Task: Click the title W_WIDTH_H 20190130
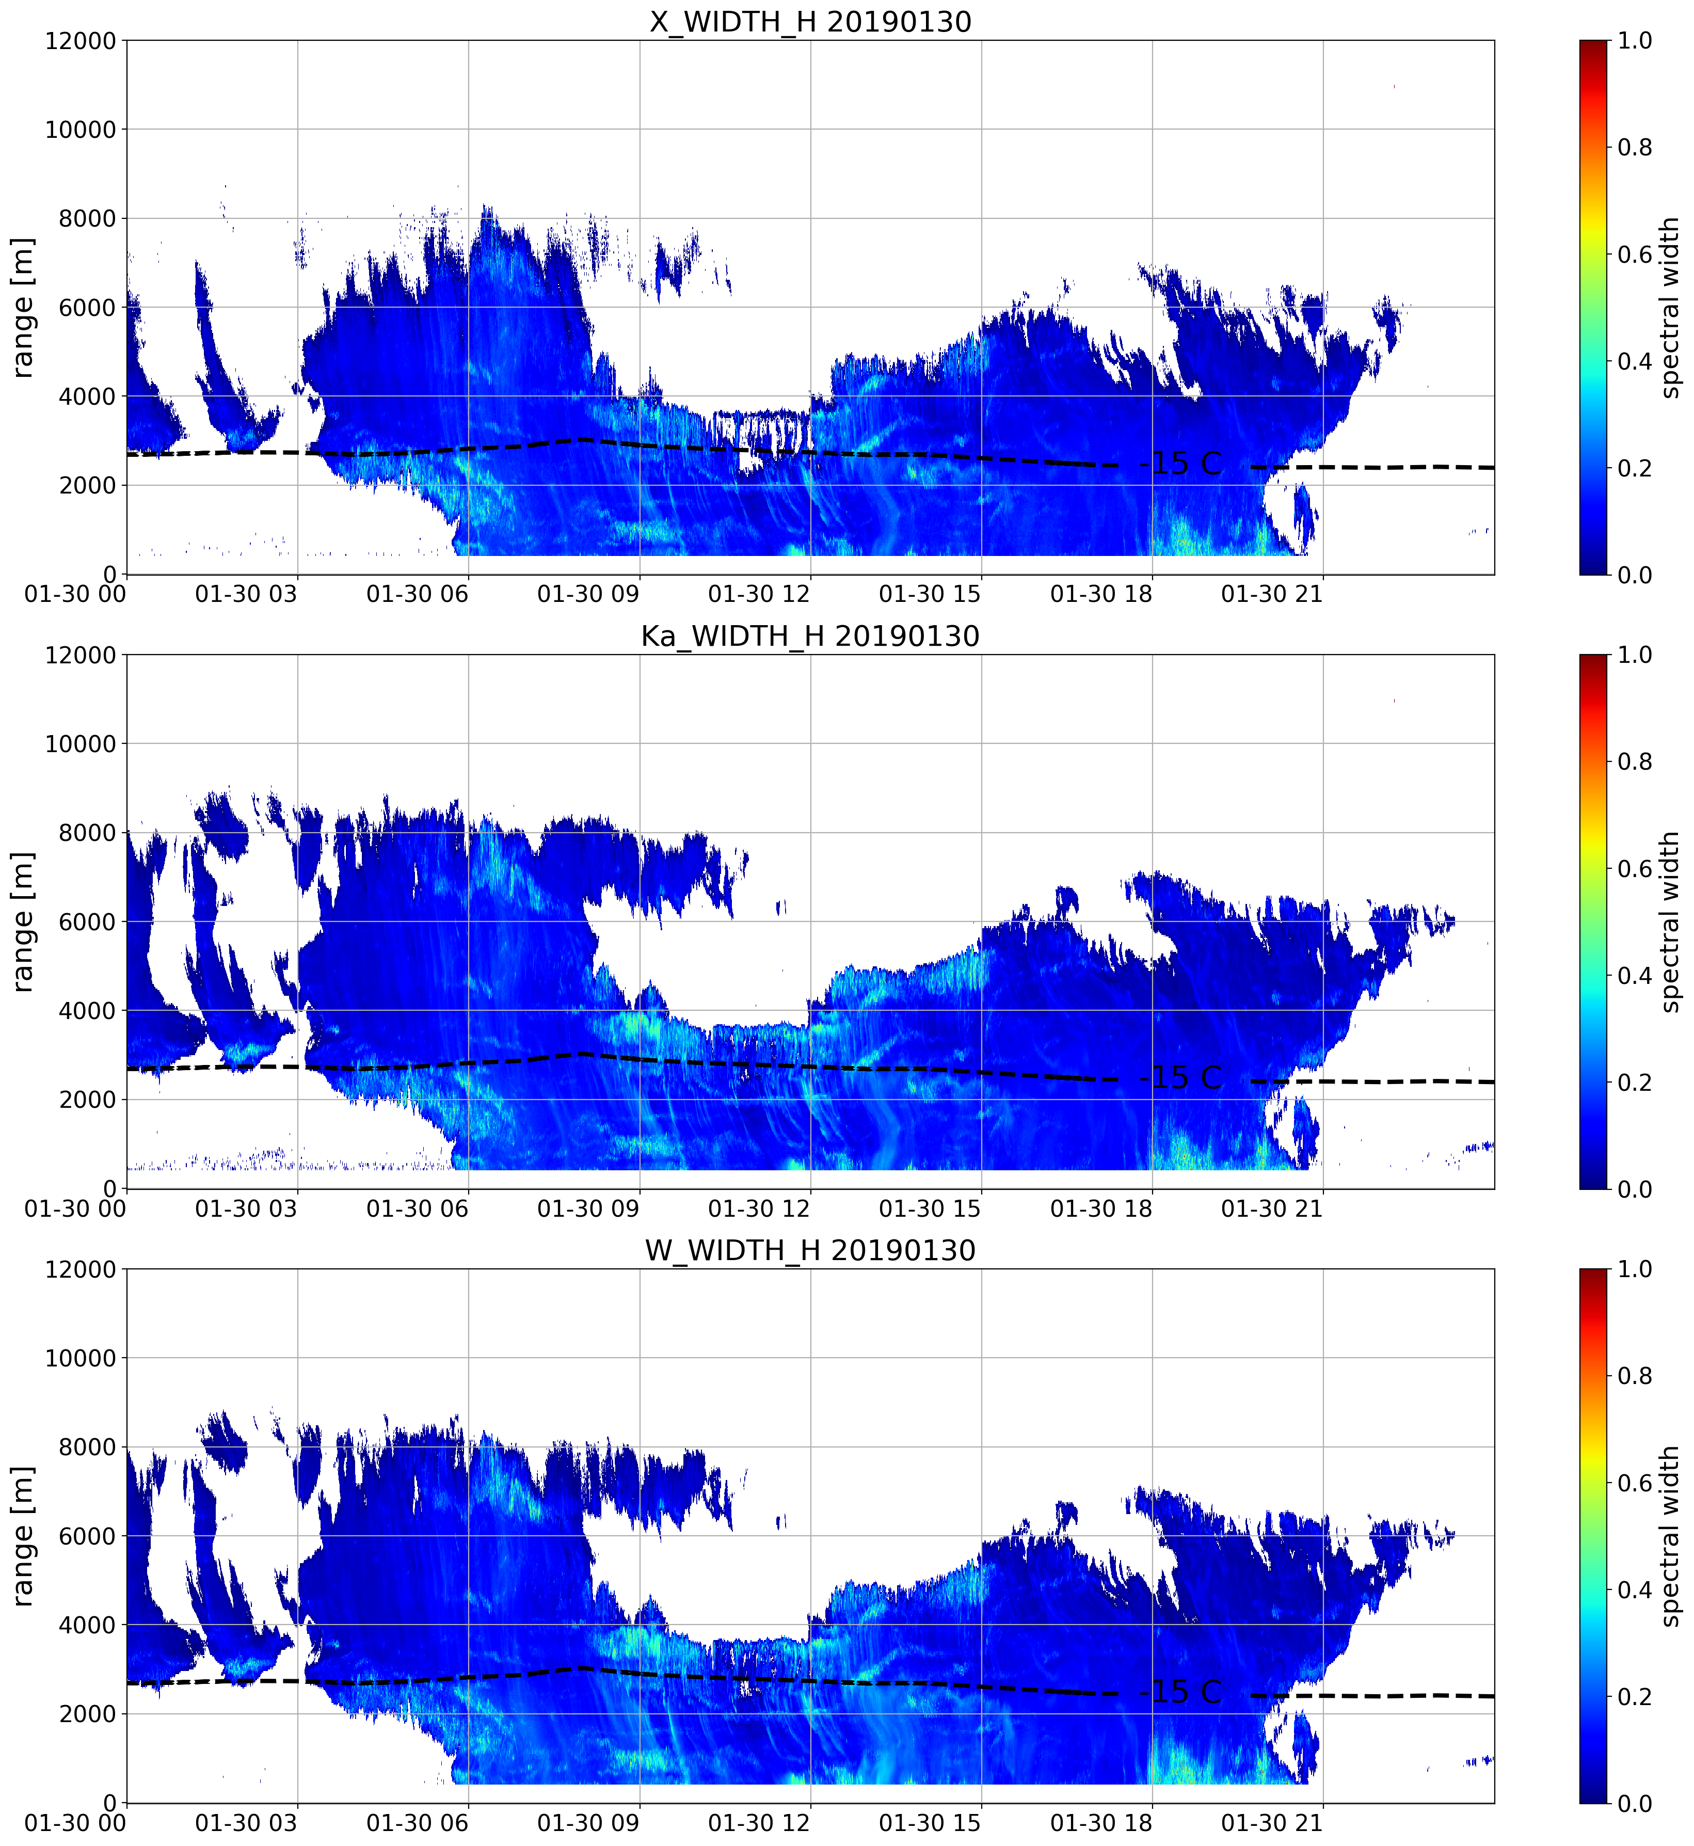coord(810,1250)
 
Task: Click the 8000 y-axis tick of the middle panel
coord(88,832)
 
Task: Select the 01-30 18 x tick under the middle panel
coord(1101,1208)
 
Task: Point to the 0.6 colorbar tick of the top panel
coord(1635,254)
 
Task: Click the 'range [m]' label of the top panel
coord(23,307)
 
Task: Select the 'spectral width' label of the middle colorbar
coord(1670,921)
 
